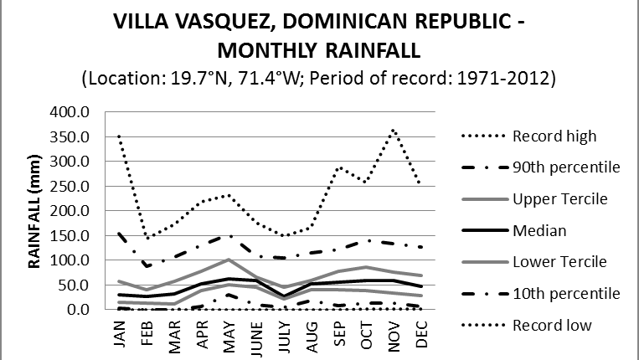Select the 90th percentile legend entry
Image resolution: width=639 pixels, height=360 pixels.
(566, 167)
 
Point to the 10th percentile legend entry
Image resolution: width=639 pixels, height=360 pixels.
(565, 293)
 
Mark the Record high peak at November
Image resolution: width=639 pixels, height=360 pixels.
(391, 130)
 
